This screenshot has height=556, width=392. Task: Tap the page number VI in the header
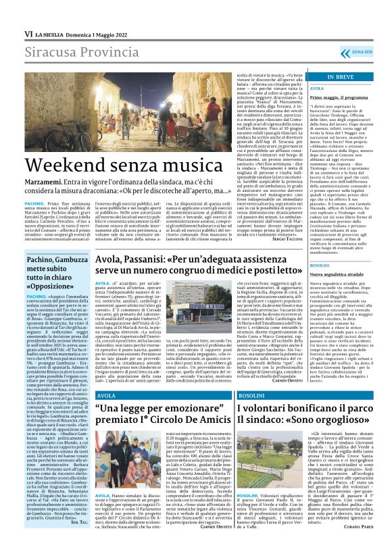(29, 33)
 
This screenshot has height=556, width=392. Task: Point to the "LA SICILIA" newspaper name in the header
(49, 33)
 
